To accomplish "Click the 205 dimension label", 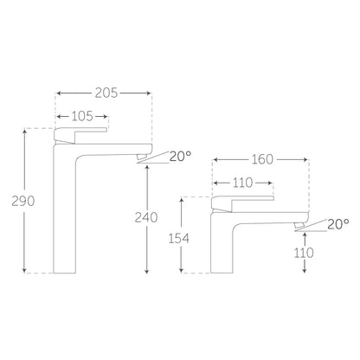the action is [x=106, y=93].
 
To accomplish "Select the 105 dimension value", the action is [x=82, y=116].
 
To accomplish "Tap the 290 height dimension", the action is [x=23, y=201].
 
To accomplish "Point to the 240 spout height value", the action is [x=146, y=217].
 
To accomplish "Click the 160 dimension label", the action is [x=262, y=159].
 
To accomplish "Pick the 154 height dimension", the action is [x=179, y=238].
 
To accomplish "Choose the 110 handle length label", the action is [x=242, y=183].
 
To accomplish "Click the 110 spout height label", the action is [x=304, y=253].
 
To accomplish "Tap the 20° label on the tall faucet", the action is [x=180, y=156].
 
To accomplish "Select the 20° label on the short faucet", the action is [x=338, y=224].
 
